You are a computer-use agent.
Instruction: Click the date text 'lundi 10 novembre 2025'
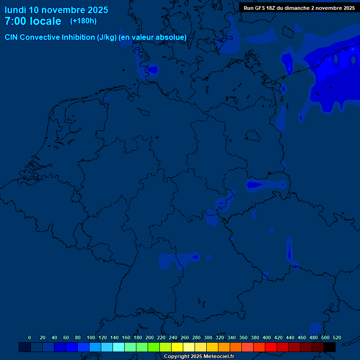click(x=56, y=10)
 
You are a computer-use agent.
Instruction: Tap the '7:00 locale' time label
click(x=33, y=21)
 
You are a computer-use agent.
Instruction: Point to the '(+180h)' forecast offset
click(x=83, y=21)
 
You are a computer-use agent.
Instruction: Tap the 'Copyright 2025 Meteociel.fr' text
click(x=199, y=356)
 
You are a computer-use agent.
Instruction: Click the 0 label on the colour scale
click(x=30, y=337)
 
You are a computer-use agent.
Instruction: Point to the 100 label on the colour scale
click(x=91, y=337)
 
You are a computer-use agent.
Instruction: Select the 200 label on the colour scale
click(x=150, y=337)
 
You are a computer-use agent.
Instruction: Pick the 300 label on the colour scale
click(x=208, y=337)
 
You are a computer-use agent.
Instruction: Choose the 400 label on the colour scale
click(x=267, y=337)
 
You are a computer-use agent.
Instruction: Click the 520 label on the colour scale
click(x=337, y=337)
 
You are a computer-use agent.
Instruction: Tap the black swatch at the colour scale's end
click(x=330, y=347)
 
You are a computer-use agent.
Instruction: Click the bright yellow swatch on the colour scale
click(x=177, y=347)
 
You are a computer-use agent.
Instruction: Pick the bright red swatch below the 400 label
click(x=271, y=347)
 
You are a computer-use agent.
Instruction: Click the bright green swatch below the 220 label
click(x=154, y=347)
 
